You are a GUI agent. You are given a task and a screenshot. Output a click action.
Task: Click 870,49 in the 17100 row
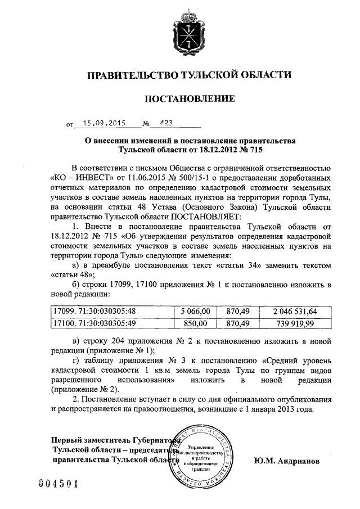pos(237,323)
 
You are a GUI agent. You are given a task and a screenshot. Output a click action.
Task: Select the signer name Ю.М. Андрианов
pos(286,460)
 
